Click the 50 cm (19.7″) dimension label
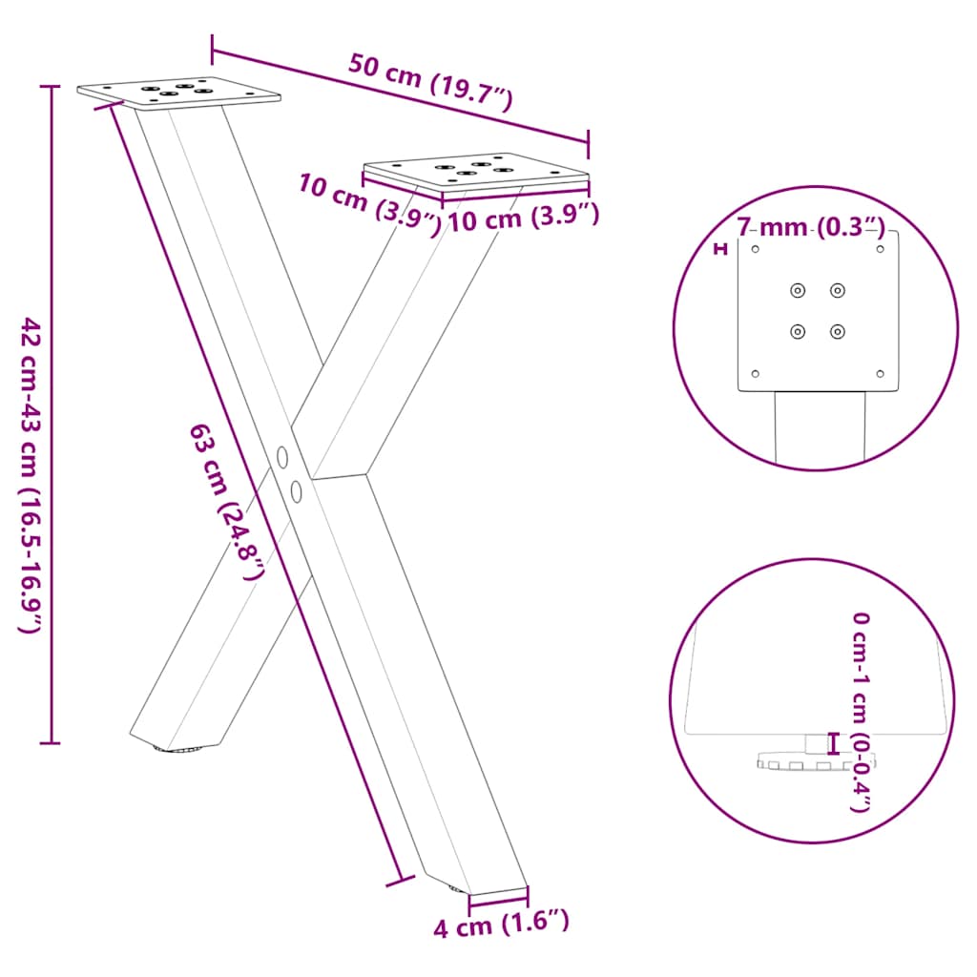tap(430, 83)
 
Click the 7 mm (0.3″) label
tap(810, 227)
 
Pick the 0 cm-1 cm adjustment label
tap(861, 712)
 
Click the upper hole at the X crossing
tap(282, 457)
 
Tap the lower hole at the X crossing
tap(296, 491)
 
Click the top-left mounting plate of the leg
tap(179, 93)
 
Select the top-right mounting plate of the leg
tap(477, 171)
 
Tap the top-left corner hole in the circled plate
tap(756, 250)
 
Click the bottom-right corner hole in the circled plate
tap(880, 374)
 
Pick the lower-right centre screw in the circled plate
tap(837, 331)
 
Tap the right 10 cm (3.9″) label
tap(523, 218)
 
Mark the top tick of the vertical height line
tap(51, 86)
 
